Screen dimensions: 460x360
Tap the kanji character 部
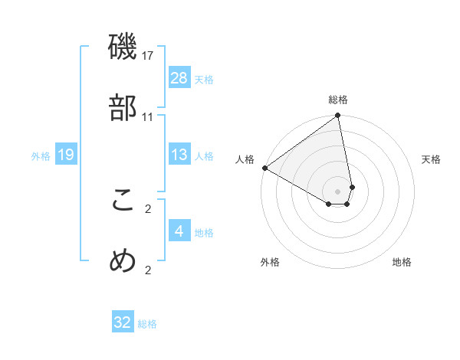click(x=123, y=109)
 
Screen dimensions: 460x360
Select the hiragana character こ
click(x=123, y=201)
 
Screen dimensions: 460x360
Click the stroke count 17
click(x=148, y=56)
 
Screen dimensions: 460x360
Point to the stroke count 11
click(x=148, y=116)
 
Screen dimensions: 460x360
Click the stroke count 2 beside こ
click(x=148, y=208)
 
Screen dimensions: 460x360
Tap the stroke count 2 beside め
click(x=148, y=269)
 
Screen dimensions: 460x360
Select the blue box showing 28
click(x=179, y=78)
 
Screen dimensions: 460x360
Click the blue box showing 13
click(x=179, y=155)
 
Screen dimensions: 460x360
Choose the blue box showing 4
click(x=179, y=231)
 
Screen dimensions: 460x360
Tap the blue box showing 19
click(x=66, y=155)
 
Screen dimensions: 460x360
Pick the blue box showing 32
click(x=123, y=322)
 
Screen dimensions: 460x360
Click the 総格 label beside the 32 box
click(x=147, y=324)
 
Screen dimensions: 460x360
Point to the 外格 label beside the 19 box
click(x=41, y=156)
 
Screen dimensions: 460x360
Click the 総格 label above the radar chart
click(x=338, y=100)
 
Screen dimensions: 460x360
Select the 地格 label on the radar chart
click(x=402, y=263)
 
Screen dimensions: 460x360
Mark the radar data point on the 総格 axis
click(x=337, y=116)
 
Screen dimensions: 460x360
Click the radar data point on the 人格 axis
click(x=264, y=168)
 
